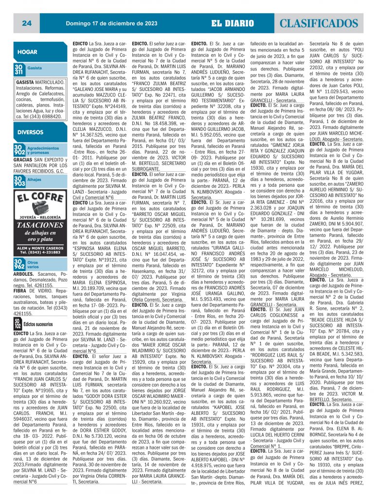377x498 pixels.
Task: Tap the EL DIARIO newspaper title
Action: coord(233,23)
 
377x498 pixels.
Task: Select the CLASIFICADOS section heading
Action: coord(323,23)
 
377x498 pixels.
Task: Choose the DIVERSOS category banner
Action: coord(30,132)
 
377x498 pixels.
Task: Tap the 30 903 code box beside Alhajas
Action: coord(18,182)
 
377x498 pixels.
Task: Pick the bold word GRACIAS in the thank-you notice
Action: coord(23,160)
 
